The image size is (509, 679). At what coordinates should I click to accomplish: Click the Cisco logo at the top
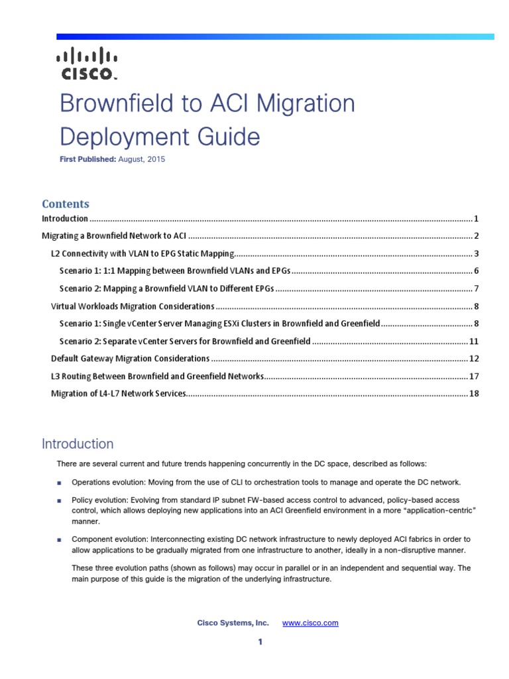pos(85,63)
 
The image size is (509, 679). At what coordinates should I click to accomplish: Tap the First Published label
pos(88,159)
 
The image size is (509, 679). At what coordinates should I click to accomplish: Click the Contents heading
pos(65,204)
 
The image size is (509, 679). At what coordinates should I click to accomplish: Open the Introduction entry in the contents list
pos(65,218)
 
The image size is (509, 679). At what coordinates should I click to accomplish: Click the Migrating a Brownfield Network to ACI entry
pos(114,235)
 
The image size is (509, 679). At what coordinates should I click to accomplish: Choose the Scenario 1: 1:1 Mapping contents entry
pos(175,271)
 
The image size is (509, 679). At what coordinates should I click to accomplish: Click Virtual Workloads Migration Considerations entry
pos(133,306)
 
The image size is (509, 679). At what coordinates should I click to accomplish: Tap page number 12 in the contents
pos(473,359)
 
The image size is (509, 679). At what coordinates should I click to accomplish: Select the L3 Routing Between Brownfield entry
pos(157,376)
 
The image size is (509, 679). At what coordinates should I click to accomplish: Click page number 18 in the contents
pos(473,394)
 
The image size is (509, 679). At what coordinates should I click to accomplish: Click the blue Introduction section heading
pos(78,444)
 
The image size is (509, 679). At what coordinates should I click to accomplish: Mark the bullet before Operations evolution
pos(60,483)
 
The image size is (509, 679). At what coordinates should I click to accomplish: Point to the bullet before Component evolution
pos(60,540)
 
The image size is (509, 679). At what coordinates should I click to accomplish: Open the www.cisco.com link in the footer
pos(310,623)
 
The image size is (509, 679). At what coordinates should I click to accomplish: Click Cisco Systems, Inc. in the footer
pos(233,623)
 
